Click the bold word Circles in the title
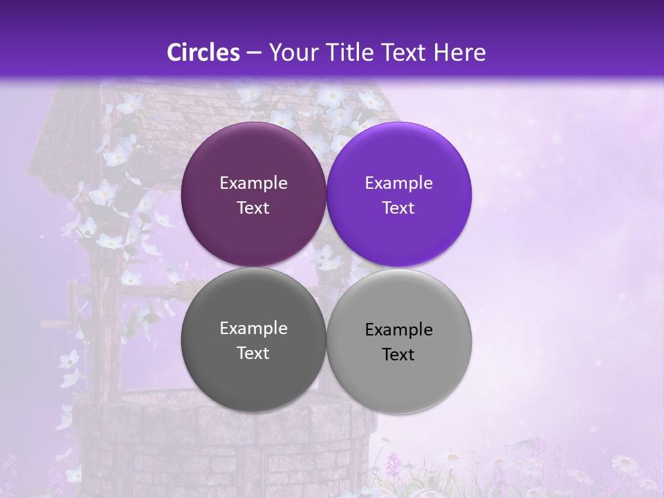click(203, 53)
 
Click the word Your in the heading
click(290, 53)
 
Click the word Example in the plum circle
click(253, 183)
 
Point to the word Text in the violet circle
click(398, 208)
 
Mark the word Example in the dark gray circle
click(253, 329)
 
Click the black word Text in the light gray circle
click(398, 355)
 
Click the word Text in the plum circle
click(253, 208)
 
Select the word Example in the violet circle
click(398, 183)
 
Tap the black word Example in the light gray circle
click(398, 330)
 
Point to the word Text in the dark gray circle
click(253, 353)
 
